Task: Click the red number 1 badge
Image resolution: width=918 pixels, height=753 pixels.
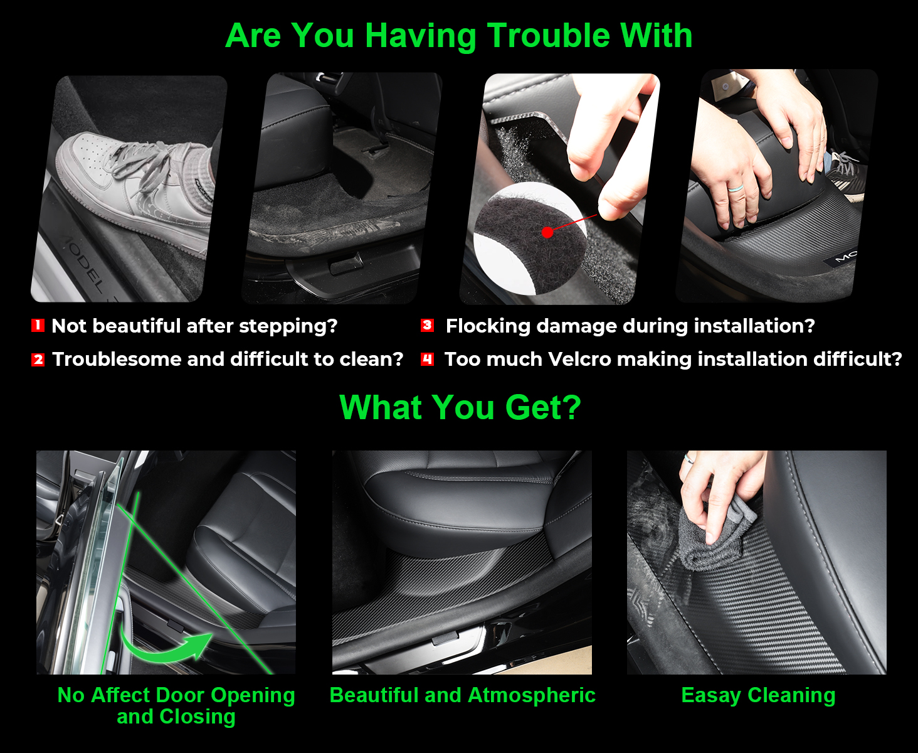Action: [38, 325]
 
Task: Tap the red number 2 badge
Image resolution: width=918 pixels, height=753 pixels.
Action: [38, 360]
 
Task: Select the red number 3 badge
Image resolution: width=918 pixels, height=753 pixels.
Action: [428, 325]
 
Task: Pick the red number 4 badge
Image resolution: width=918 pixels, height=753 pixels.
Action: [428, 360]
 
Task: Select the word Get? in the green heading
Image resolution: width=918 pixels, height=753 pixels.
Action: [543, 408]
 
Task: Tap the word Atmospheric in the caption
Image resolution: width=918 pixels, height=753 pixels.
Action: [532, 695]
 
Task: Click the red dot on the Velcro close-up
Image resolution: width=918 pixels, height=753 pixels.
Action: [547, 233]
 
